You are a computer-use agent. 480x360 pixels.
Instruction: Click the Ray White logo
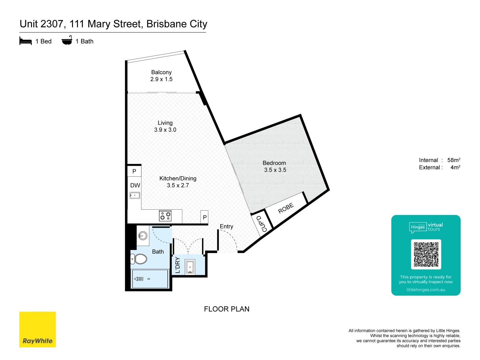click(37, 329)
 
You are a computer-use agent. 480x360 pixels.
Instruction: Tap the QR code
click(426, 254)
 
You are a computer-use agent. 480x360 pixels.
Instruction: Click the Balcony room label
click(161, 72)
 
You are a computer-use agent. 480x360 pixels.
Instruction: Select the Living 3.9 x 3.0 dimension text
click(165, 130)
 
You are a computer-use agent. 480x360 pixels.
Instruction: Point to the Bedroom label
click(274, 163)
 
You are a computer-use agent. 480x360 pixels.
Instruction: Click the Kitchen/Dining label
click(178, 178)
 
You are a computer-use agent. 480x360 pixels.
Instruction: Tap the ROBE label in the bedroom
click(286, 208)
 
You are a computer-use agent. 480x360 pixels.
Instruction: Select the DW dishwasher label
click(135, 185)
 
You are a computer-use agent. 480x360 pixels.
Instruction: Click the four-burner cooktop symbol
click(165, 216)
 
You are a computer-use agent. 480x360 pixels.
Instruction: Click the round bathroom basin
click(143, 236)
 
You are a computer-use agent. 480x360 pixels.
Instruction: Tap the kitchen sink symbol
click(135, 196)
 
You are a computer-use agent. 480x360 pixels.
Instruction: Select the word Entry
click(226, 226)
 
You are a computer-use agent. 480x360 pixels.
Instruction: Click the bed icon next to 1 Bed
click(26, 41)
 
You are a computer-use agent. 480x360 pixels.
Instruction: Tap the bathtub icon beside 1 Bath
click(67, 41)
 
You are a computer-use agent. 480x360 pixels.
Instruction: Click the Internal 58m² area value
click(454, 160)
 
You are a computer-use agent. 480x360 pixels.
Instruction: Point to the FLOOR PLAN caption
click(227, 309)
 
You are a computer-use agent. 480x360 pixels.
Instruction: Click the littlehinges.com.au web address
click(426, 290)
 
